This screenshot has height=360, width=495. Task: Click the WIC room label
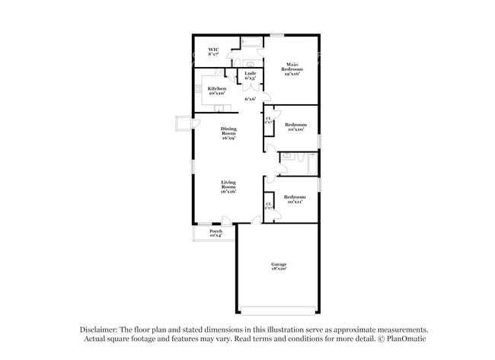point(213,52)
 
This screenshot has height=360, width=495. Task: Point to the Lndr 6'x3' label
point(249,75)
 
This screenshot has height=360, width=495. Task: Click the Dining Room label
point(228,132)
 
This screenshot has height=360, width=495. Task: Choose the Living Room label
point(228,186)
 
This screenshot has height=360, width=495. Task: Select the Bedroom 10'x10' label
point(295,127)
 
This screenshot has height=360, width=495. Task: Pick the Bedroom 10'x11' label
point(295,199)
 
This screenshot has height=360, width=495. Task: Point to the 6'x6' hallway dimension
point(249,98)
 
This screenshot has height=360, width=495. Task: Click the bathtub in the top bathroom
point(251,42)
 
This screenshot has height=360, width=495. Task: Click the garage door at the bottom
point(278,311)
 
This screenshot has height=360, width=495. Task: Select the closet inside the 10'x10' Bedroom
point(268,122)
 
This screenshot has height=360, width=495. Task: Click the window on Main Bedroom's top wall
point(277,35)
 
